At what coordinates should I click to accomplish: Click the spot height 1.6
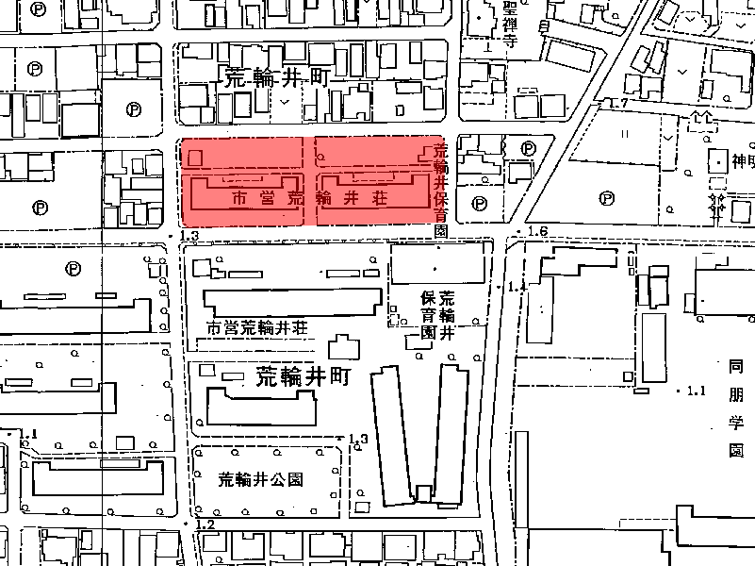[x=538, y=232]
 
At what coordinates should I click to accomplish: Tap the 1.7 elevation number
[x=618, y=102]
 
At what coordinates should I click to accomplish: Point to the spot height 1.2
[x=205, y=524]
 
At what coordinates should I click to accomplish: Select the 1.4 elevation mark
[x=517, y=286]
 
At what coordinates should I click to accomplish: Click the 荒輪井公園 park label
[x=260, y=478]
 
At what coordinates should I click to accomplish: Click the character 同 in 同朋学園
[x=735, y=365]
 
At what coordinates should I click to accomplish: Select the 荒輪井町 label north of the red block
[x=274, y=78]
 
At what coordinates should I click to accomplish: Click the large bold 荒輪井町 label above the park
[x=303, y=377]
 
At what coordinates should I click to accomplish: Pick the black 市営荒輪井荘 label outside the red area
[x=257, y=328]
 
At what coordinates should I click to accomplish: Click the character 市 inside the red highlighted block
[x=239, y=199]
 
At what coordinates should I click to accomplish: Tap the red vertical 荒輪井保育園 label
[x=440, y=184]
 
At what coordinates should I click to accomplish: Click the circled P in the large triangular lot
[x=607, y=199]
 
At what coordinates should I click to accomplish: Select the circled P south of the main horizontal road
[x=74, y=269]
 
